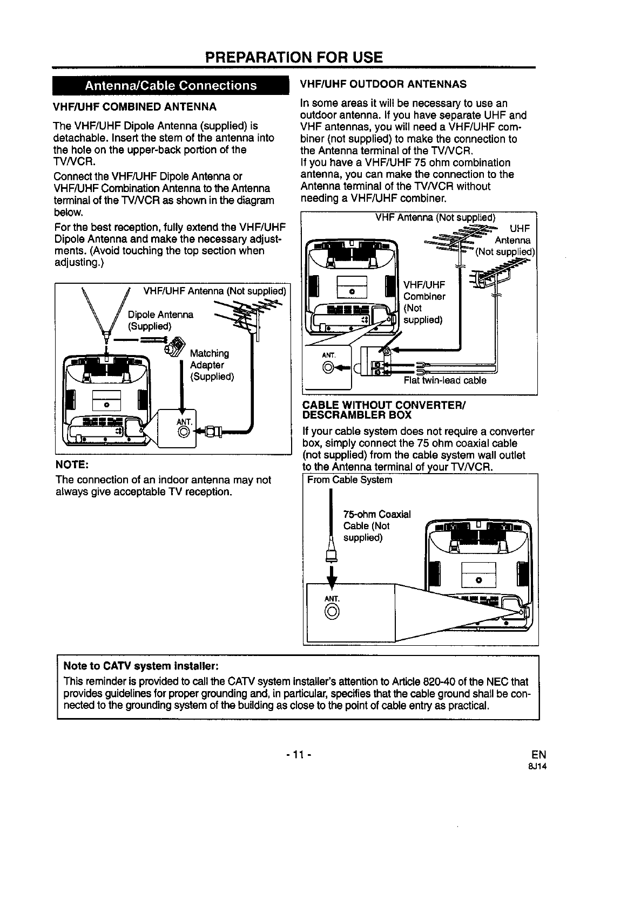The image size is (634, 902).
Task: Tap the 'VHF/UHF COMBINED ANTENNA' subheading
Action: coord(135,106)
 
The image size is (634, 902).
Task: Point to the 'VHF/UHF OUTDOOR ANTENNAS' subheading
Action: coord(383,84)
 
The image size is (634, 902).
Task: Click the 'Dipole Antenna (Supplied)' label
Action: coord(160,320)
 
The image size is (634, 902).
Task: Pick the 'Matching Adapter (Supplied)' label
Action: coord(212,365)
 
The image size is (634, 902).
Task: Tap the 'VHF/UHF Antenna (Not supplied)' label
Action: coord(214,291)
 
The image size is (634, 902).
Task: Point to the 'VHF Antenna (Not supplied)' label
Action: coord(435,218)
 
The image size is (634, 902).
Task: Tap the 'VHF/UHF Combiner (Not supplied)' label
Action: coord(424,302)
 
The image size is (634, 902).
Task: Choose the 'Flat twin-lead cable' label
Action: coord(445,380)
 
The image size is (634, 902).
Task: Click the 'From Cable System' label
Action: coord(349,480)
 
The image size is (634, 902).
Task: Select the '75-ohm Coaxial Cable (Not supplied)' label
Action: coord(377,526)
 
